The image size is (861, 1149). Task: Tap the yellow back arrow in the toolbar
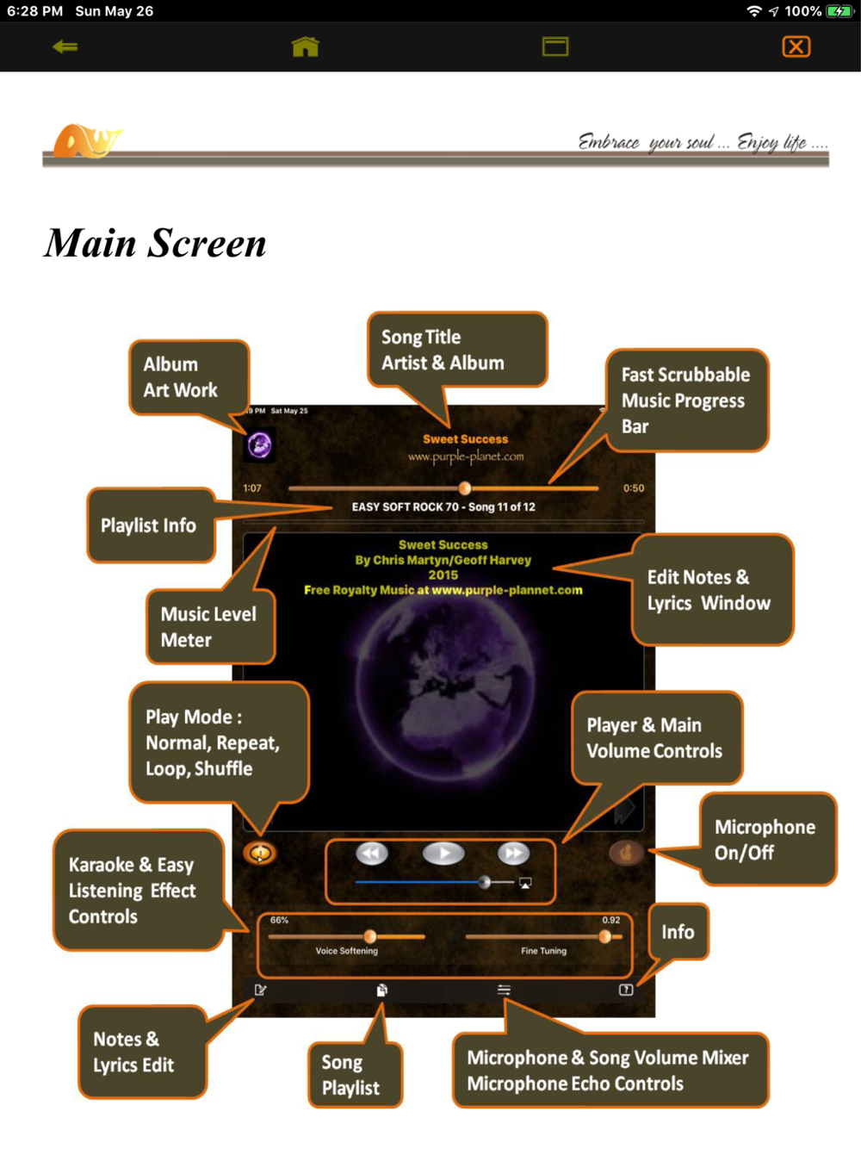pyautogui.click(x=65, y=47)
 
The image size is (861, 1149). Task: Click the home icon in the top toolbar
pyautogui.click(x=306, y=47)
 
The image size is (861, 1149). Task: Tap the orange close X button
pyautogui.click(x=796, y=47)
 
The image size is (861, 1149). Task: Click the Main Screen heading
pyautogui.click(x=156, y=243)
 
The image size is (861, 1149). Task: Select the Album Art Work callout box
pyautogui.click(x=189, y=378)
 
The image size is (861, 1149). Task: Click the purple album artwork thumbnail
pyautogui.click(x=259, y=445)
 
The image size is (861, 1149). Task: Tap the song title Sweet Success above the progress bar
pyautogui.click(x=465, y=439)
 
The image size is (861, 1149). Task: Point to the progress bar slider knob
pyautogui.click(x=465, y=488)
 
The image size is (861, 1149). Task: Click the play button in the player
pyautogui.click(x=443, y=854)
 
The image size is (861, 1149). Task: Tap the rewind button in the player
pyautogui.click(x=372, y=854)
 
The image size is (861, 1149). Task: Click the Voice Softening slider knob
pyautogui.click(x=370, y=936)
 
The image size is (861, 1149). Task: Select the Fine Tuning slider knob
pyautogui.click(x=605, y=936)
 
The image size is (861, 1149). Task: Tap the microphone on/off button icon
pyautogui.click(x=626, y=853)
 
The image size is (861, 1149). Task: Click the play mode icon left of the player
pyautogui.click(x=259, y=854)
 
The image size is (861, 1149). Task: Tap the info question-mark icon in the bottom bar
pyautogui.click(x=626, y=991)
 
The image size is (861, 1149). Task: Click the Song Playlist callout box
pyautogui.click(x=355, y=1074)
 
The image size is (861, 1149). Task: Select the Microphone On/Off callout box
pyautogui.click(x=766, y=840)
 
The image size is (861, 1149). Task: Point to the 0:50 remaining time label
pyautogui.click(x=634, y=488)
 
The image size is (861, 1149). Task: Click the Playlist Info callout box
pyautogui.click(x=150, y=525)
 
